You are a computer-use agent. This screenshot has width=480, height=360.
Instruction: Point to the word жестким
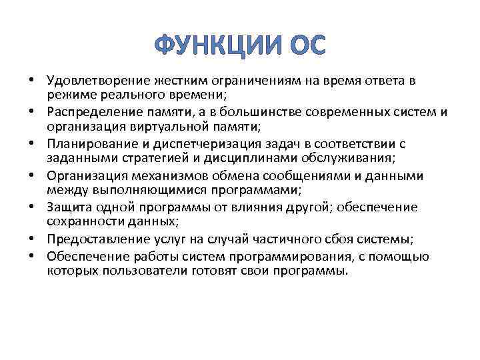pos(177,81)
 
